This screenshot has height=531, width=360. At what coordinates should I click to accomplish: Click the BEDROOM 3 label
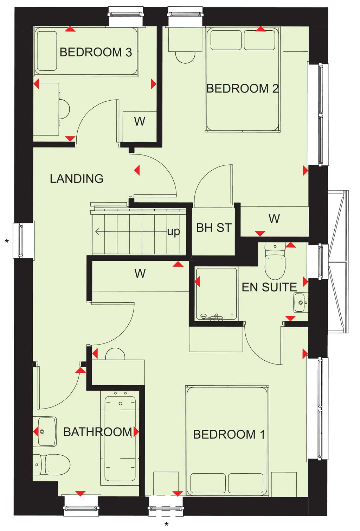(x=96, y=52)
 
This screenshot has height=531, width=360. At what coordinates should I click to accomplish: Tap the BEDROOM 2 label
(x=242, y=88)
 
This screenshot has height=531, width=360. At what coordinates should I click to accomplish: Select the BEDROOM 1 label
(x=229, y=434)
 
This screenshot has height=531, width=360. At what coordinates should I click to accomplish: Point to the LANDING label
(x=77, y=178)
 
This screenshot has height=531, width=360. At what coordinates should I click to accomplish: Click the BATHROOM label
(x=98, y=432)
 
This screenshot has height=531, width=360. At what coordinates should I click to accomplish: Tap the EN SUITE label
(x=269, y=287)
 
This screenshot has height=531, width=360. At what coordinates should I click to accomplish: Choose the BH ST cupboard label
(x=214, y=228)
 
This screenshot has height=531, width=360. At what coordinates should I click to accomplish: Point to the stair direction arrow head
(x=97, y=232)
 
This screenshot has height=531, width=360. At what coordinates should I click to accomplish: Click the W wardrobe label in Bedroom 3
(x=140, y=121)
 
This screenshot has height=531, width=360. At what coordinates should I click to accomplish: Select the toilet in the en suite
(x=275, y=261)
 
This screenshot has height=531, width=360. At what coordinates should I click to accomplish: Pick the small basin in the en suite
(x=301, y=303)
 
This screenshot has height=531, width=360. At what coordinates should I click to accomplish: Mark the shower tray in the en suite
(x=216, y=294)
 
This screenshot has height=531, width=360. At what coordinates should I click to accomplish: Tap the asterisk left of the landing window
(x=7, y=241)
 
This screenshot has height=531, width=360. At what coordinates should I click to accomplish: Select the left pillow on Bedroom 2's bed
(x=226, y=40)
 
